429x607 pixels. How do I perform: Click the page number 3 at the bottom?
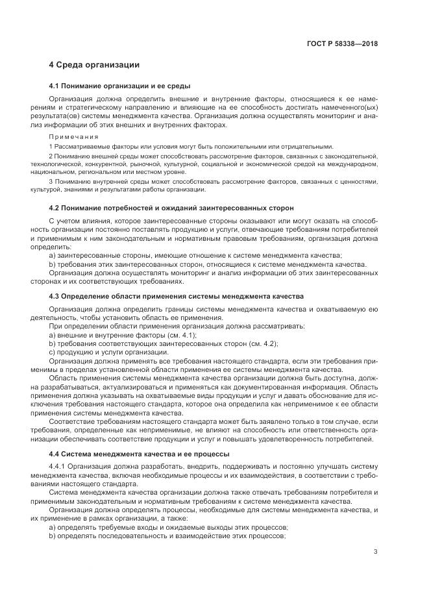(x=376, y=552)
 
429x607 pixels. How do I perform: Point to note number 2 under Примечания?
(x=51, y=156)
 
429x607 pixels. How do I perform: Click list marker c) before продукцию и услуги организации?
(x=52, y=351)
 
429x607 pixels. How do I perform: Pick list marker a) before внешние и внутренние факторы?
(x=52, y=334)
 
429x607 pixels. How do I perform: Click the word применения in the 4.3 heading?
(x=158, y=296)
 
